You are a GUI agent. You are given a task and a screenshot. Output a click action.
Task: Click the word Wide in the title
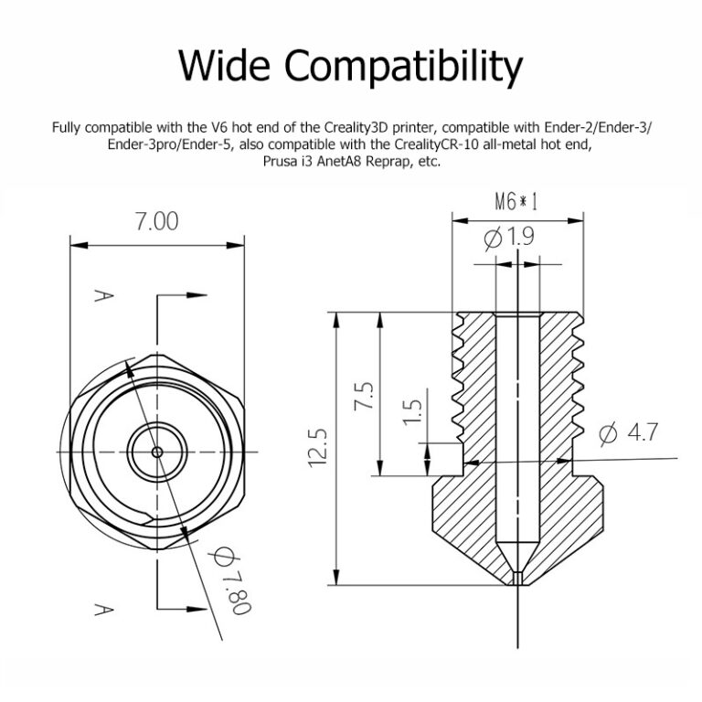(224, 65)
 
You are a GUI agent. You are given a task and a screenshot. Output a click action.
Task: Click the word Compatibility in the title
(403, 68)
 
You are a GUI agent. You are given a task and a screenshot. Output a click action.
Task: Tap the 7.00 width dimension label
(156, 221)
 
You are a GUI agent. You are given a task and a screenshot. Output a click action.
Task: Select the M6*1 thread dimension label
(516, 202)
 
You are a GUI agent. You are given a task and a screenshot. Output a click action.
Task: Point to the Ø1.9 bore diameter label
(509, 237)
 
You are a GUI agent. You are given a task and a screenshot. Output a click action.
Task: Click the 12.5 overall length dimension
(318, 448)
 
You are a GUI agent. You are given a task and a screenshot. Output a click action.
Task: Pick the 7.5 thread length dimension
(364, 395)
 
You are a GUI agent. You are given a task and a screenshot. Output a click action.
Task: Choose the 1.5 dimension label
(412, 412)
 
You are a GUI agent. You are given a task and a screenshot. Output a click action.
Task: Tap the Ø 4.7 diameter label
(628, 433)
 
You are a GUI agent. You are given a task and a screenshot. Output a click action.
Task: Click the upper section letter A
(104, 296)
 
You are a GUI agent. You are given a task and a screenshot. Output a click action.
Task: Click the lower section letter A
(104, 610)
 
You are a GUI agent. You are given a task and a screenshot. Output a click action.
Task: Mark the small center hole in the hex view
(157, 452)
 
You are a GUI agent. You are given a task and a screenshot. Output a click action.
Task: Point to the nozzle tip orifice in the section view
(518, 578)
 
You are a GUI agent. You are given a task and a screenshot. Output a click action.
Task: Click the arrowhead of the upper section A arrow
(197, 295)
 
